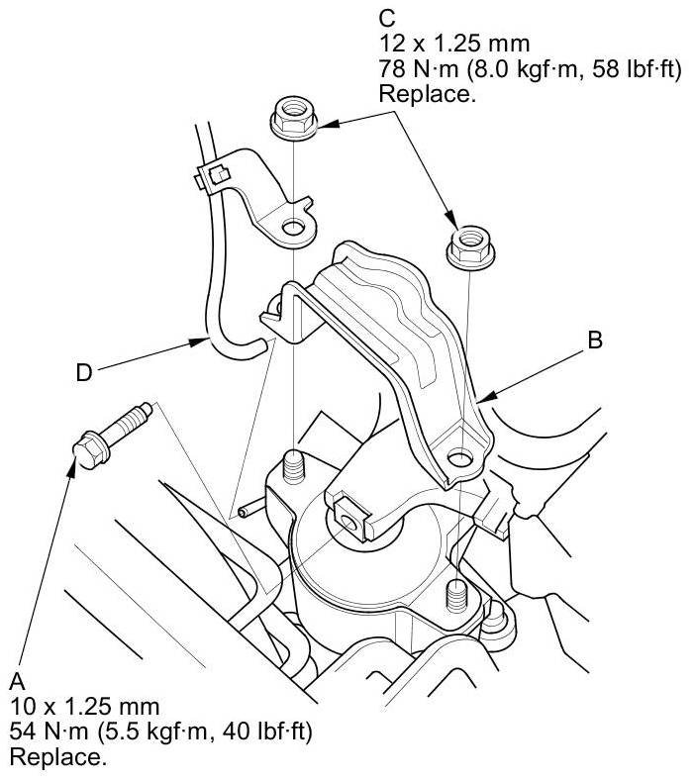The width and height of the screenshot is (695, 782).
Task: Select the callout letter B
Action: click(595, 340)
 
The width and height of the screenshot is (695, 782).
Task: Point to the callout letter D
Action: click(84, 372)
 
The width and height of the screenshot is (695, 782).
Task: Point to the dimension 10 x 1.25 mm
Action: click(83, 707)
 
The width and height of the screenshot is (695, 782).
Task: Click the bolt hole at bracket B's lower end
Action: click(459, 457)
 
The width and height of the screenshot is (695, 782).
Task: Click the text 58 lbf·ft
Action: click(601, 70)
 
